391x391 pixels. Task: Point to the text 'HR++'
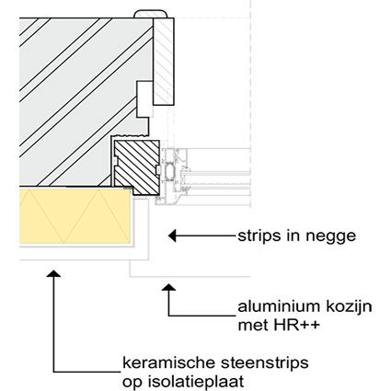tap(296, 326)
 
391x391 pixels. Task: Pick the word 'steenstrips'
tap(265, 363)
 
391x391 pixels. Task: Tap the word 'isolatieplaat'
tap(196, 382)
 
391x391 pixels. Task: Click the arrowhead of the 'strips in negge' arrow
tap(172, 236)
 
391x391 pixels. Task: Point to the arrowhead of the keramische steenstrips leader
tap(53, 273)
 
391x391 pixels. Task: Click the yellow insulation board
tap(75, 216)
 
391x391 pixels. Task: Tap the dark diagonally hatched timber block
tap(137, 167)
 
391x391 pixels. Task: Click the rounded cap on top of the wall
tap(151, 14)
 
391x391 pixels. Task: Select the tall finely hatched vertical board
tap(164, 61)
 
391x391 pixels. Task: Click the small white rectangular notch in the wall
tap(144, 99)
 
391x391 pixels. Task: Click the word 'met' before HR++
tap(252, 326)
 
